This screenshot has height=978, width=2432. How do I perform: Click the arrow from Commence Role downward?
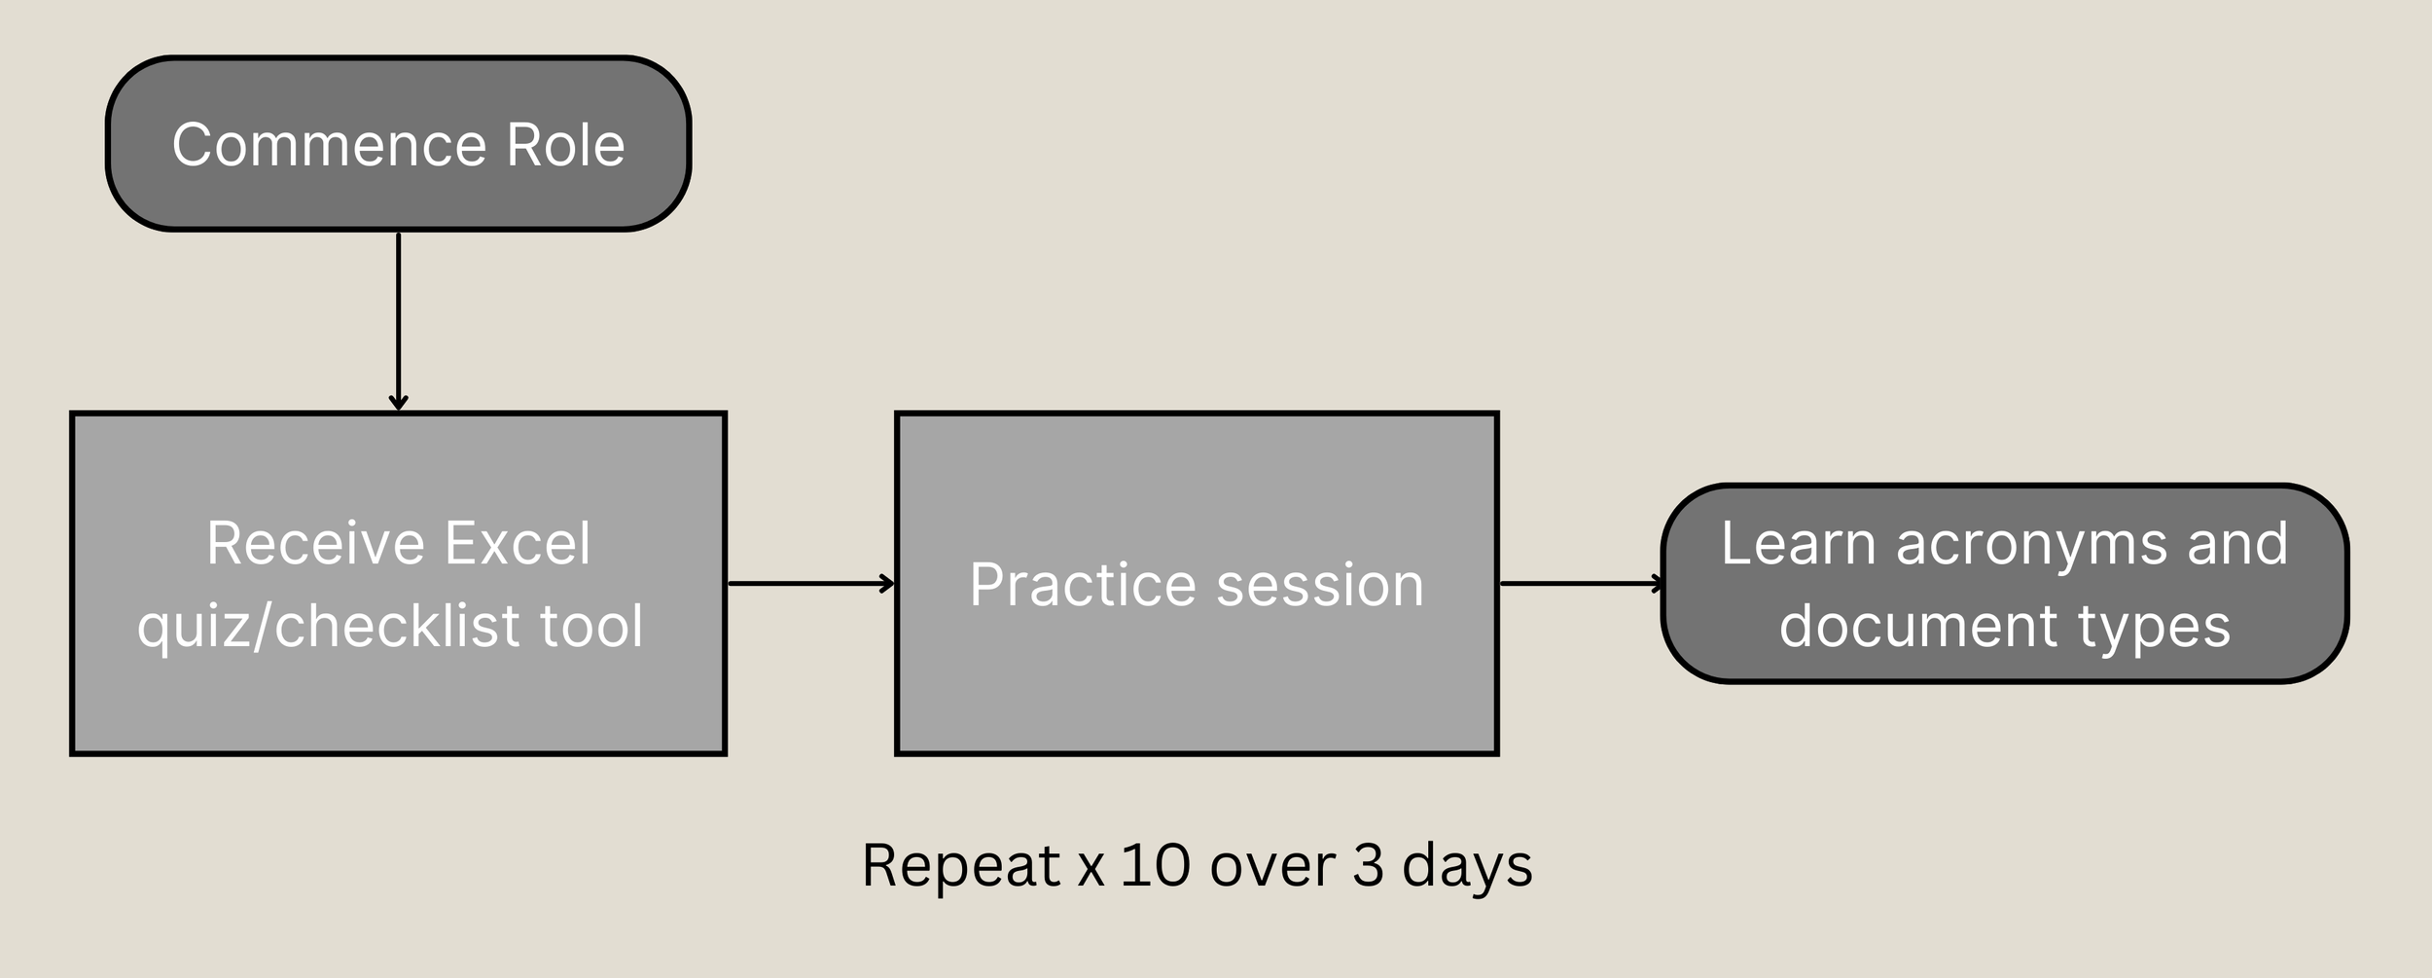pyautogui.click(x=398, y=321)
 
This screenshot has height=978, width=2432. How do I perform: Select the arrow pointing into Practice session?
pyautogui.click(x=810, y=584)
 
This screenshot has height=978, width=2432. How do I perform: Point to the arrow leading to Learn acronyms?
pyautogui.click(x=1581, y=584)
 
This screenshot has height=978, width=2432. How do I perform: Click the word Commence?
pyautogui.click(x=329, y=145)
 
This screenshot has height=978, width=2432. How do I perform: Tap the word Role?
pyautogui.click(x=565, y=145)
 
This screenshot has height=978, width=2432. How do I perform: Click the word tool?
pyautogui.click(x=591, y=626)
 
